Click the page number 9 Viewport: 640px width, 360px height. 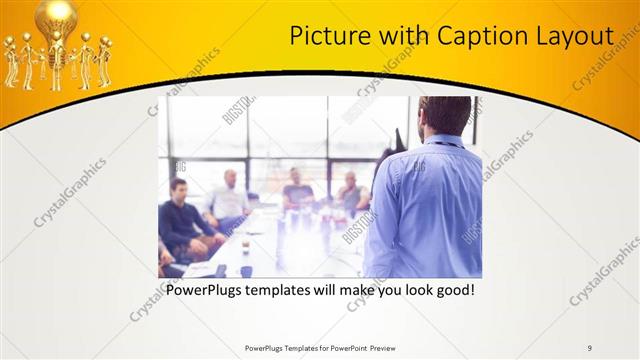(590, 347)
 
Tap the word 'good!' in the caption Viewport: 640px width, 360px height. (451, 291)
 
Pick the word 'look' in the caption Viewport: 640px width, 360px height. (406, 291)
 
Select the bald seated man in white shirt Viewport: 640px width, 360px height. (229, 200)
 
